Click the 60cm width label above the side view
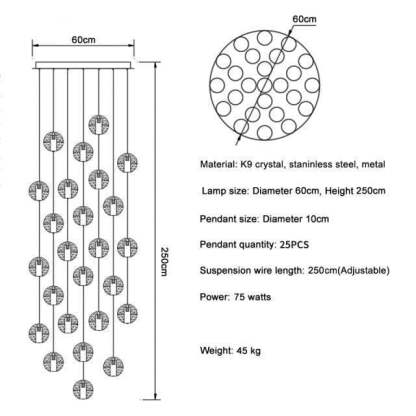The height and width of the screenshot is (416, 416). click(83, 40)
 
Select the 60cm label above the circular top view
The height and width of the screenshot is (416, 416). click(304, 19)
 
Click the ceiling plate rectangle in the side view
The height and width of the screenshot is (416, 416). click(84, 65)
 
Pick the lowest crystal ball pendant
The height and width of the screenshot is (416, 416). click(83, 389)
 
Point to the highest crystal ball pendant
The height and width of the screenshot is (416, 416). click(99, 125)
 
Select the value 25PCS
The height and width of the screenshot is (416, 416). click(294, 245)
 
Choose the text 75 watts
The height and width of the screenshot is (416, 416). click(252, 297)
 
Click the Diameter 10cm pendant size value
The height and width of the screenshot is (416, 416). click(296, 219)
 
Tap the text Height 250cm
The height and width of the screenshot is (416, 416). click(355, 191)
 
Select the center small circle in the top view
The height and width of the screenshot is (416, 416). click(265, 85)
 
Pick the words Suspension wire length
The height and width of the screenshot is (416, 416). click(252, 270)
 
